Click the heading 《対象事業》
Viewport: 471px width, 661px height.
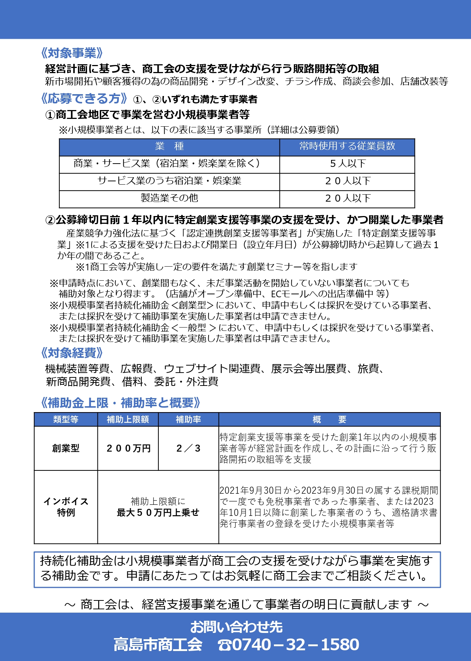tap(72, 53)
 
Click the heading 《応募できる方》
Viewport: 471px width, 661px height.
tap(85, 99)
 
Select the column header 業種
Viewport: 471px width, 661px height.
tap(169, 147)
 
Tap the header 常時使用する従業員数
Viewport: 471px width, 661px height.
tap(347, 146)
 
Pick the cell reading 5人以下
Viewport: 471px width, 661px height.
tap(347, 164)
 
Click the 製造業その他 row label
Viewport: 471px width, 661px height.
tap(169, 198)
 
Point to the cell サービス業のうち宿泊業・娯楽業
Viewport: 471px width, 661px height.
tap(169, 181)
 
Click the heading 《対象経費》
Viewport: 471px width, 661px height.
tap(72, 353)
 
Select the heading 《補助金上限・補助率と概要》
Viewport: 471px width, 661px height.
tap(121, 403)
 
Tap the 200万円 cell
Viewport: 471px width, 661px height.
tap(128, 448)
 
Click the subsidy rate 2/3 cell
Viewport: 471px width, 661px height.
tap(188, 448)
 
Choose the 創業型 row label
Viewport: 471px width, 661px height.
tap(66, 448)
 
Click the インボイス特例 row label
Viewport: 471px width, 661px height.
tap(66, 507)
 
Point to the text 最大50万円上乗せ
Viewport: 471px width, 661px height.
tap(158, 513)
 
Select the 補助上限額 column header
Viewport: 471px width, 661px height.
tap(128, 419)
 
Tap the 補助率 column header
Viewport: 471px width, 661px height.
tap(188, 419)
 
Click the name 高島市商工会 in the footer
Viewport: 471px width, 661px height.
tap(158, 645)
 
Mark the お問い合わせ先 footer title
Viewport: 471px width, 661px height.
tap(236, 627)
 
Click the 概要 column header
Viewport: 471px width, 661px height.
tap(329, 419)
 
